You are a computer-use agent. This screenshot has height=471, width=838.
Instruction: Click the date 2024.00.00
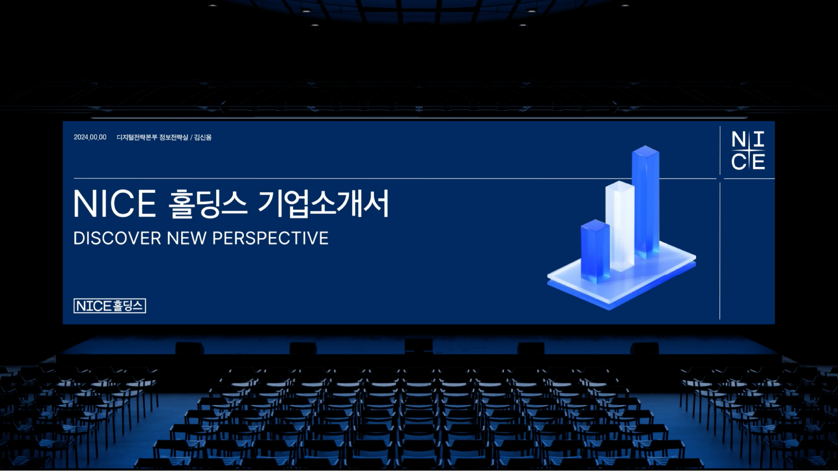tap(90, 137)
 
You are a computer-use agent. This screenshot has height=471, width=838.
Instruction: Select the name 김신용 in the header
tap(203, 137)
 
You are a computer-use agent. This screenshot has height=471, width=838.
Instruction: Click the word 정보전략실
tap(174, 137)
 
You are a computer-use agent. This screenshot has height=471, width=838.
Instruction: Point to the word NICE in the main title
tap(115, 204)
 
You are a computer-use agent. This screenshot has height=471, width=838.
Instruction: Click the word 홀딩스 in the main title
tap(208, 204)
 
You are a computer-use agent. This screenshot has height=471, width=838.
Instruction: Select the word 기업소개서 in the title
tap(323, 204)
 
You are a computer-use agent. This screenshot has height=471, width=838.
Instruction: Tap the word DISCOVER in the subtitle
tap(117, 239)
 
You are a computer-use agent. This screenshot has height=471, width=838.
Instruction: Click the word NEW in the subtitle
tap(187, 239)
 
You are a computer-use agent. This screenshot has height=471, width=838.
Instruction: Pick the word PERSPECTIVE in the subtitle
tap(270, 239)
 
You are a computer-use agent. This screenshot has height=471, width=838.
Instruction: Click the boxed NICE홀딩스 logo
tap(110, 306)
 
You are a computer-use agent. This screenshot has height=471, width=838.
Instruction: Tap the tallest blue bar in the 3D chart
tap(646, 201)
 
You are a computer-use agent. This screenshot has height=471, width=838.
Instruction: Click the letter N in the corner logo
tap(738, 140)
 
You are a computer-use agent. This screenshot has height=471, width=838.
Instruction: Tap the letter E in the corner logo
tap(758, 162)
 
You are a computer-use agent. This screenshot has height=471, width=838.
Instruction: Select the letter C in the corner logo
tap(738, 162)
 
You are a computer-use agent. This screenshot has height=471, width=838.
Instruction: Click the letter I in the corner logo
tap(759, 140)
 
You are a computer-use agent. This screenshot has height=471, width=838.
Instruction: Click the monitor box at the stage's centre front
tap(419, 345)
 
